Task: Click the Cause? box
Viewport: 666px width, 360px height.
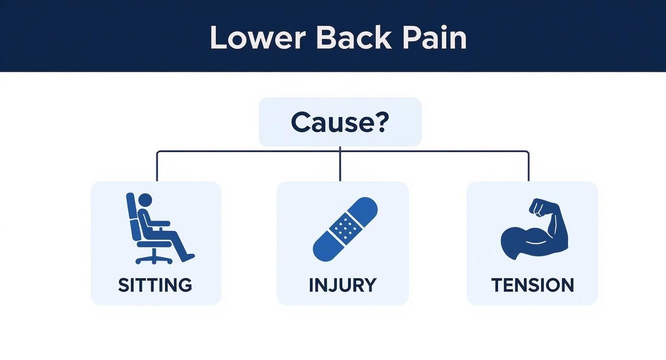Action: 340,122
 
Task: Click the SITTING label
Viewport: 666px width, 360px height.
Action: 155,285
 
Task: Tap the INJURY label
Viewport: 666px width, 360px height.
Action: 343,285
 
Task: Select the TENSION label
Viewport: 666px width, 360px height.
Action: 533,285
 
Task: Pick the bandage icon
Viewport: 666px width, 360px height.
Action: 345,229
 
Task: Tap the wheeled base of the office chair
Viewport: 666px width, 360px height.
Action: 154,259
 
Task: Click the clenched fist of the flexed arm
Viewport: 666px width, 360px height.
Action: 540,207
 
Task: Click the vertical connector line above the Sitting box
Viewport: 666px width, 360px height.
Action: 157,166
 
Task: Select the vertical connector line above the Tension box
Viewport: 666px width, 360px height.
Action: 529,166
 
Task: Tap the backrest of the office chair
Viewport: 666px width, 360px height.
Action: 132,215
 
